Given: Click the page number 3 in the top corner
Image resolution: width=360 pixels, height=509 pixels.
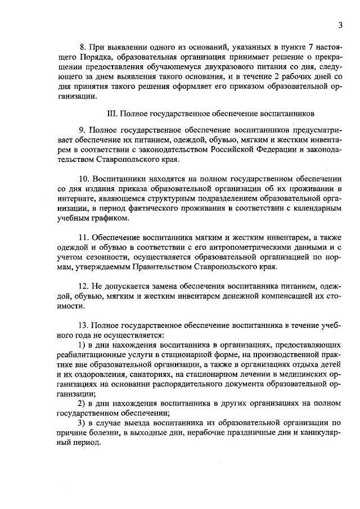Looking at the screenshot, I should coord(341,24).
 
